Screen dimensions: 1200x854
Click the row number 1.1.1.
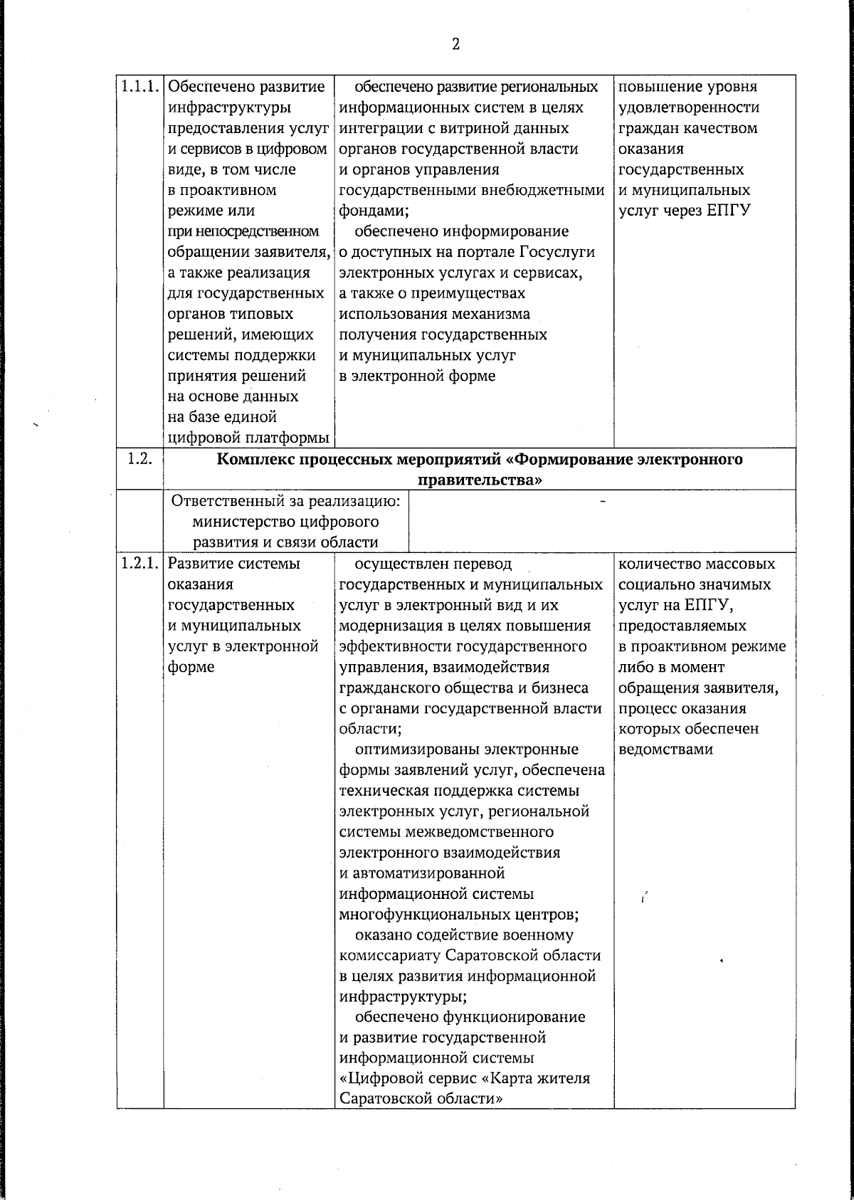(x=140, y=87)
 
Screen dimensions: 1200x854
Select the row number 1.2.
(x=139, y=459)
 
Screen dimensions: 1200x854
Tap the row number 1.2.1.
(x=140, y=564)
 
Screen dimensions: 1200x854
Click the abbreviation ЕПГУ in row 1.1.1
(x=728, y=211)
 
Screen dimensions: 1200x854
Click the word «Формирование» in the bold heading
(x=576, y=460)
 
